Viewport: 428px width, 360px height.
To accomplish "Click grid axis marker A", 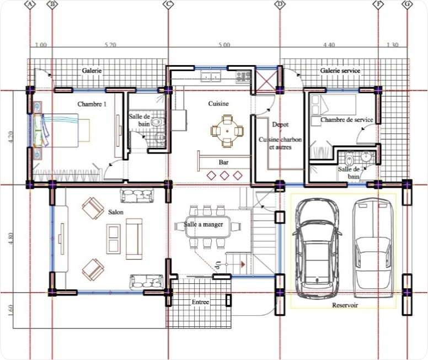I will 30,4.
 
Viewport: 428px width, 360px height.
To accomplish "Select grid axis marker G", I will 408,4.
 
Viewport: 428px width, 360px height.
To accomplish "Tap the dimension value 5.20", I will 110,45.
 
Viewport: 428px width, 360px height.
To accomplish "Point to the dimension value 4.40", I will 329,45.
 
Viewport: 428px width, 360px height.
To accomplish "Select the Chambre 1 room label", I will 92,104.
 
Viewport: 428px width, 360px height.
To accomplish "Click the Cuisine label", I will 219,104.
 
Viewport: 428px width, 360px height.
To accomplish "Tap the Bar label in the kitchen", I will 224,163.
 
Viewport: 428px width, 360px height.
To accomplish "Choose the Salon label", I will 116,212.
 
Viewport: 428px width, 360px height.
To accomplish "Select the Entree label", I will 200,302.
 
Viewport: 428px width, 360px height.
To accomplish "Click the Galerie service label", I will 340,71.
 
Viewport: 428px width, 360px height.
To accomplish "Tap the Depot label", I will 280,125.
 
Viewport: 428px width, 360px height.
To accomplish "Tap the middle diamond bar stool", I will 224,176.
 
